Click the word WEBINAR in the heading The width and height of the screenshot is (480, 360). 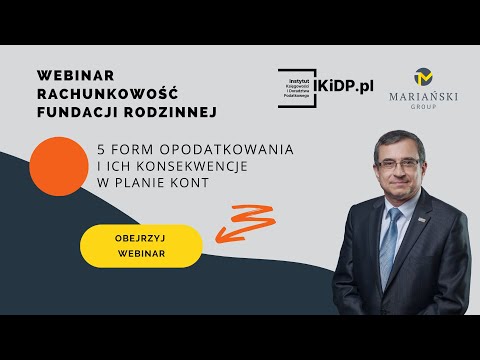click(75, 76)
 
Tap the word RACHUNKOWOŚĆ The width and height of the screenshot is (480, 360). click(99, 94)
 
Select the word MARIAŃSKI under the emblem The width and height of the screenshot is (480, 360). click(421, 101)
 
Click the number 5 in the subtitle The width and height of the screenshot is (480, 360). click(101, 149)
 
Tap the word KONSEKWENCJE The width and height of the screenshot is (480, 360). click(179, 167)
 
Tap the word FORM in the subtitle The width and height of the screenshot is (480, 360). click(131, 149)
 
